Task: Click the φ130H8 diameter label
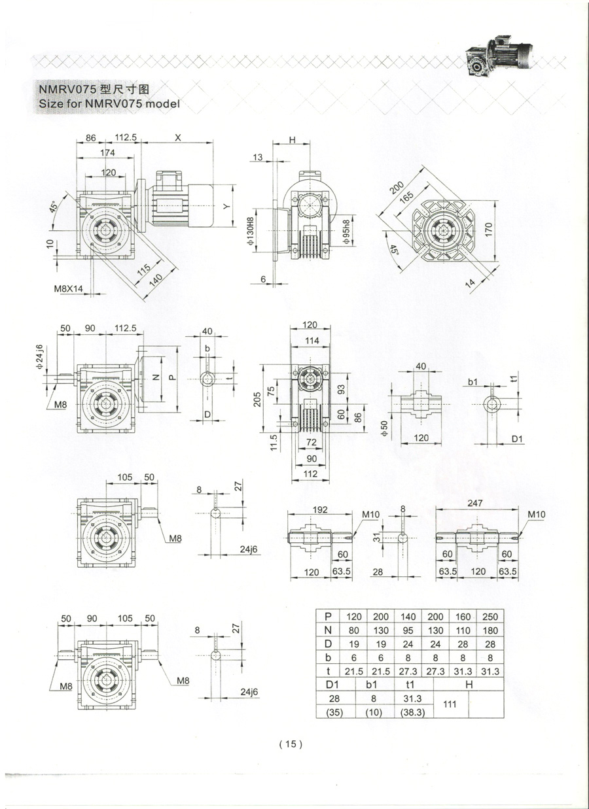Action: point(251,233)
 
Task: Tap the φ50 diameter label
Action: point(385,430)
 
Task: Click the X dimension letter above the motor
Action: point(178,137)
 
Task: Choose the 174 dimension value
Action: point(108,152)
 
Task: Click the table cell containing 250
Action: point(490,616)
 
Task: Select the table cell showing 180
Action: point(490,630)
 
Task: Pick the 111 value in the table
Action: point(450,704)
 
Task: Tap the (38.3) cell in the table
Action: point(414,712)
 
